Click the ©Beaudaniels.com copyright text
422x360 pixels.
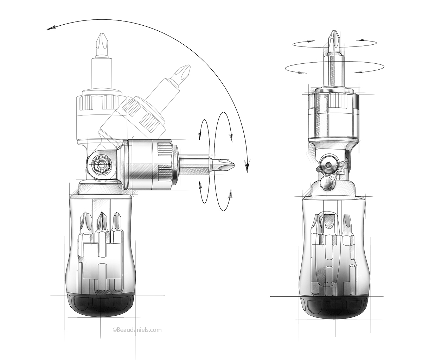[x=137, y=330]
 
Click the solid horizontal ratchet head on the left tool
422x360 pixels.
[x=148, y=164]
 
